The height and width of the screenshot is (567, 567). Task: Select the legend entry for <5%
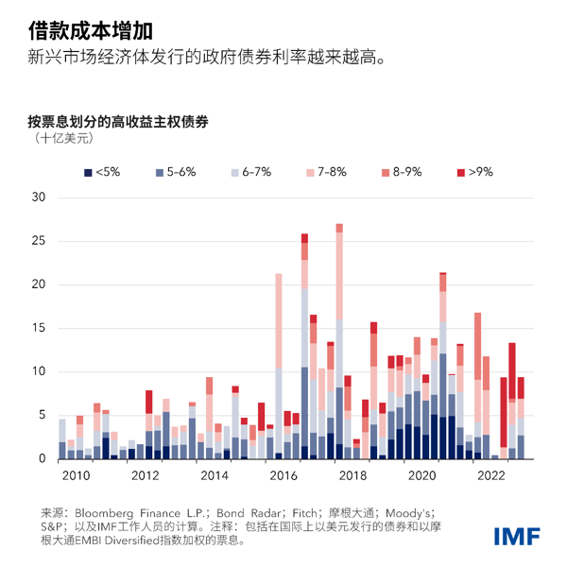[102, 172]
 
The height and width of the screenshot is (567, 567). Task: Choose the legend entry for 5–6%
[175, 172]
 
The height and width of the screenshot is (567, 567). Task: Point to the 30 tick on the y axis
[39, 197]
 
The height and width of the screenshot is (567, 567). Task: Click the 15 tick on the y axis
[39, 328]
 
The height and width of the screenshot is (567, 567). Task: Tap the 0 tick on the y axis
[42, 459]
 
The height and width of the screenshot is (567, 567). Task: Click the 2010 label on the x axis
[76, 475]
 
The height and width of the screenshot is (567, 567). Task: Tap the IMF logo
[517, 536]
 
